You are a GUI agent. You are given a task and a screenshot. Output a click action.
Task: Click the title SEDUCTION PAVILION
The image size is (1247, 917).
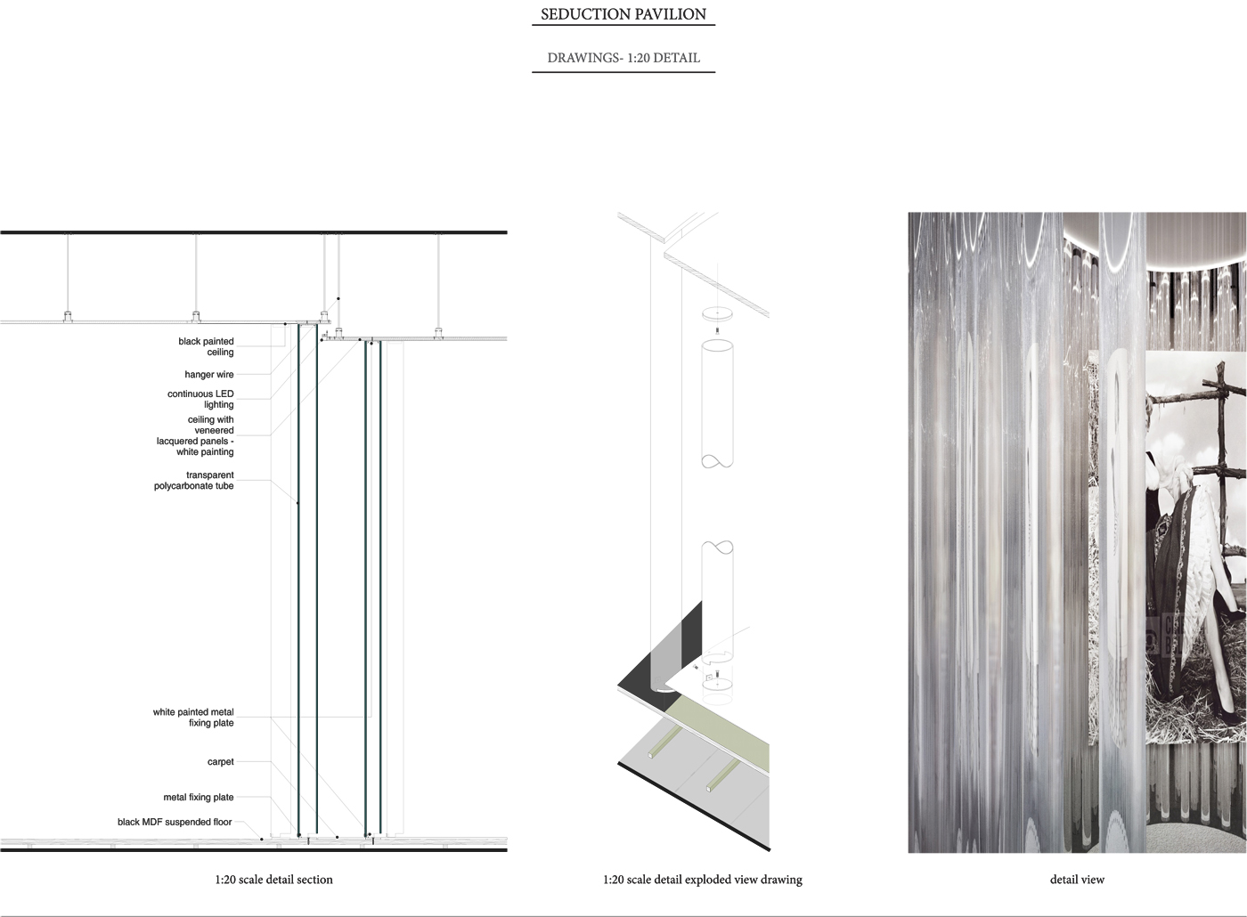623,14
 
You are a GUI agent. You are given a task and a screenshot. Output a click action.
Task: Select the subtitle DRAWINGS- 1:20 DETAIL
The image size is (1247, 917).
623,58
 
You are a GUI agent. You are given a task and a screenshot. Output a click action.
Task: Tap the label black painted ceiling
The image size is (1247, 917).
206,346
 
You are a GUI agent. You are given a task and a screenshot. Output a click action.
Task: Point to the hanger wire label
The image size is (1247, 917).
209,375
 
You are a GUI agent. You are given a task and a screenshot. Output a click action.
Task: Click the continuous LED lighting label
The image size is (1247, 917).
200,399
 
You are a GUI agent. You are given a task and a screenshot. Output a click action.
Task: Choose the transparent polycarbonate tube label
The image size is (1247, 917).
194,480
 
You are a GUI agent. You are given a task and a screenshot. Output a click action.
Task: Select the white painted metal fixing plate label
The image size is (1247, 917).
193,718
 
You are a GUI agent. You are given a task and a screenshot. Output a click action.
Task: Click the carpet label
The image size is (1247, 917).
221,762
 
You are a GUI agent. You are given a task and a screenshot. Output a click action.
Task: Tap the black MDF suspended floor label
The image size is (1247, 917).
175,822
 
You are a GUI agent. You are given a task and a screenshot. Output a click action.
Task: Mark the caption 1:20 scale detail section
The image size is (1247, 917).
274,880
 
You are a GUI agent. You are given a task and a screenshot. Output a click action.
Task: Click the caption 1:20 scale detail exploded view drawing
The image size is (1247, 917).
703,880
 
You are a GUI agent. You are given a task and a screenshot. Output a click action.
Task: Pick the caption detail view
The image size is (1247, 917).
1077,880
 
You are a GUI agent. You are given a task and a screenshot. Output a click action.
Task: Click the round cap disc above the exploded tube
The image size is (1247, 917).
717,313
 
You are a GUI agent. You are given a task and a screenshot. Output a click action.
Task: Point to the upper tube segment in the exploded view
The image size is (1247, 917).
717,404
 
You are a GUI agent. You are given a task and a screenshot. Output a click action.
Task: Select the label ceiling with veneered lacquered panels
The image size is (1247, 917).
195,435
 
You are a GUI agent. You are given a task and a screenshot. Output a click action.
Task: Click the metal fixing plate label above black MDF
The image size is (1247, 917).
198,798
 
